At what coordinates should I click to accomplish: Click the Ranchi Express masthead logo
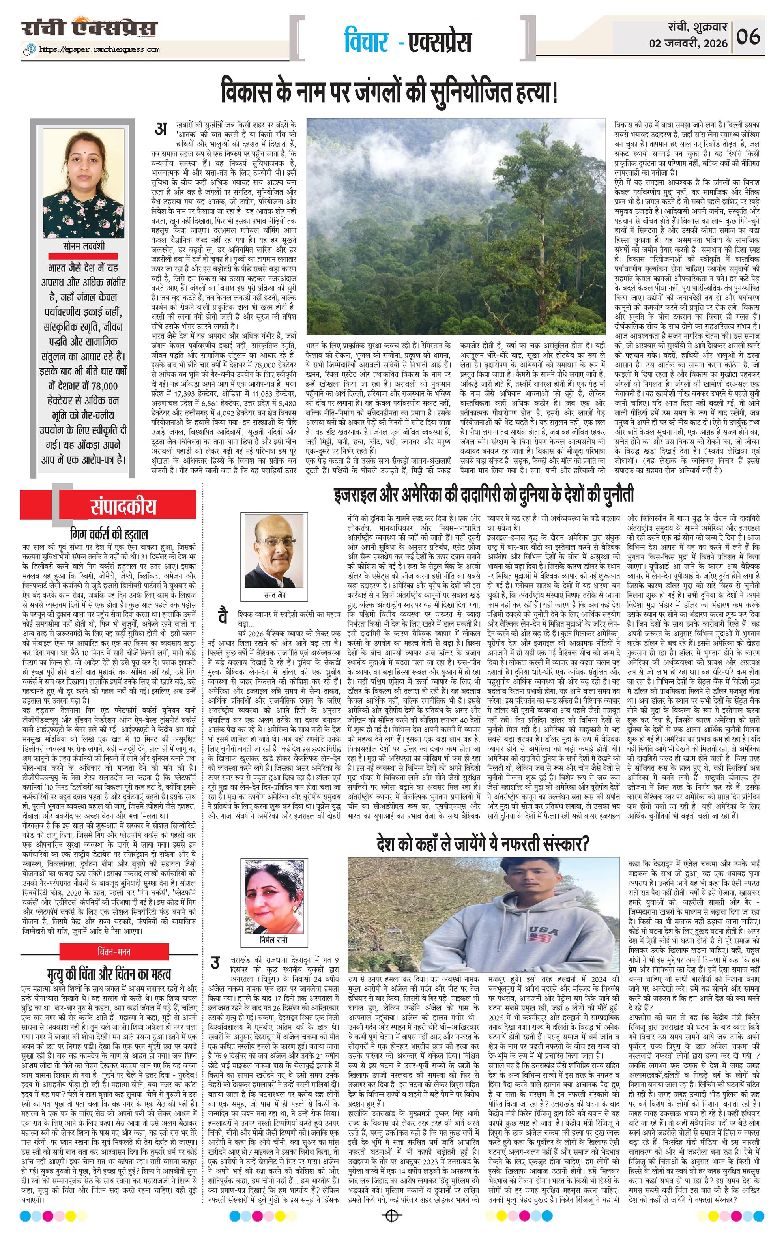tap(89, 27)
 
